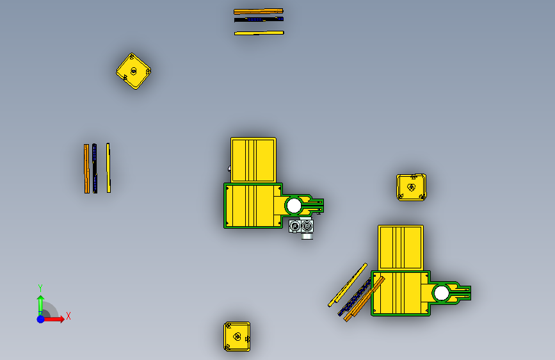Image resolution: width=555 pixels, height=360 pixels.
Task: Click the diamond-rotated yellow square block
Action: click(133, 71)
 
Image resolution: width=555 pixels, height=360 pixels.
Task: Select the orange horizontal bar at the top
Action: click(259, 12)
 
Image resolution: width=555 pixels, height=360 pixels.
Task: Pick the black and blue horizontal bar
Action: click(259, 19)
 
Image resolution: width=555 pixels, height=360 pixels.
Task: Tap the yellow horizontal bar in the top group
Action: click(259, 33)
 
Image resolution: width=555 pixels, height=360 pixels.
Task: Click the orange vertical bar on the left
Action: click(86, 168)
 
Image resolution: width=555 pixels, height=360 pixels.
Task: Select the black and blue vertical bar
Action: click(95, 168)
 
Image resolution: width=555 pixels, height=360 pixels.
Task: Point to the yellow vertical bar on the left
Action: click(108, 168)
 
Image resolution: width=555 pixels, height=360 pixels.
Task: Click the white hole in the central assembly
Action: click(293, 206)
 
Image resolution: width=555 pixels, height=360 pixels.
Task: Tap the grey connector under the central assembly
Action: click(302, 229)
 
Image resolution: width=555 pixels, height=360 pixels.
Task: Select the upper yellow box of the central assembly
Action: click(253, 160)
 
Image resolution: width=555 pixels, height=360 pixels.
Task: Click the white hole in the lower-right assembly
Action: click(442, 293)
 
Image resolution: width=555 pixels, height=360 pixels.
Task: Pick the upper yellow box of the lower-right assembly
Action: click(401, 248)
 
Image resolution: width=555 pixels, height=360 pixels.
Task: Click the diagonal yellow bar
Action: click(348, 285)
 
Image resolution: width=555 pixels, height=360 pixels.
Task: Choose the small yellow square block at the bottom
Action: click(237, 336)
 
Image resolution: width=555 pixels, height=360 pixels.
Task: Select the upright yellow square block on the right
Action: click(412, 188)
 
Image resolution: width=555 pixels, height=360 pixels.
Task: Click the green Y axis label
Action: click(40, 288)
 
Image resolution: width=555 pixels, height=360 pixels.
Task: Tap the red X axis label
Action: click(68, 316)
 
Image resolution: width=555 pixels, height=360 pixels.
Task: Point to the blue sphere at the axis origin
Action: click(41, 319)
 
